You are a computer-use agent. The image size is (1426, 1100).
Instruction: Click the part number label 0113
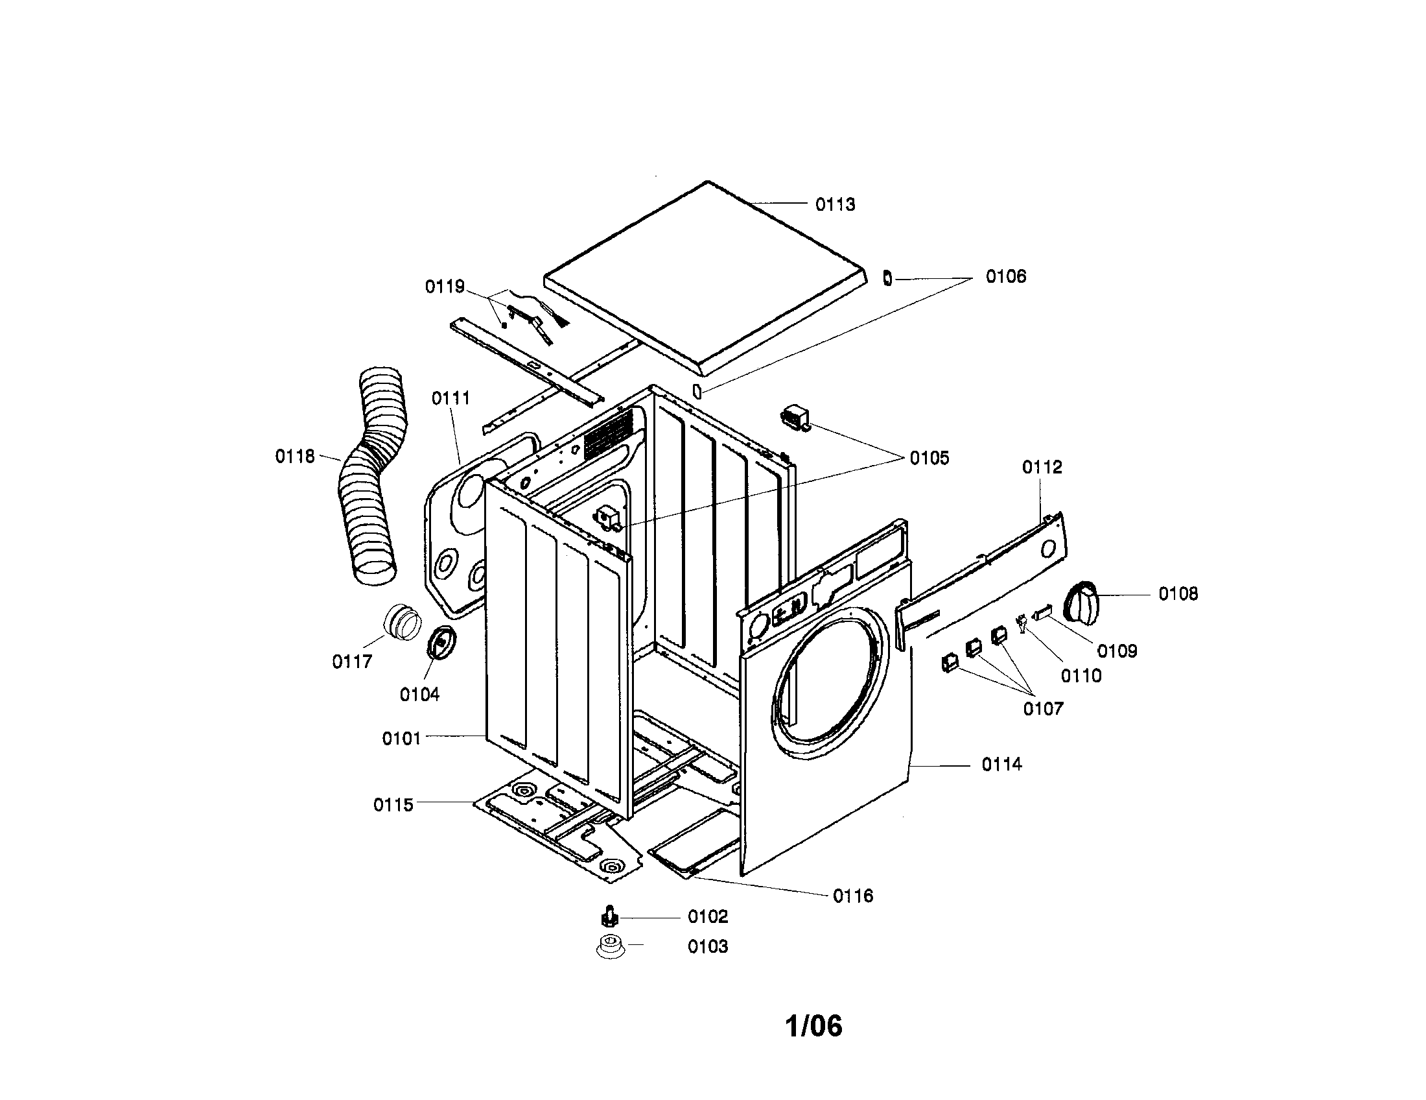click(x=834, y=205)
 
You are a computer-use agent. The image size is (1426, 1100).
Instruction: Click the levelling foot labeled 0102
click(x=609, y=917)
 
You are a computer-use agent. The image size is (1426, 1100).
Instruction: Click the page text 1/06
click(x=813, y=1026)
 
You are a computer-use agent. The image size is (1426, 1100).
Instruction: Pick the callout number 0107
click(x=1043, y=709)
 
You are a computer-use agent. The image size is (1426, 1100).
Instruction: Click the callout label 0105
click(x=929, y=459)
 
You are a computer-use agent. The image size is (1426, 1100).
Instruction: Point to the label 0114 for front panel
click(x=1001, y=765)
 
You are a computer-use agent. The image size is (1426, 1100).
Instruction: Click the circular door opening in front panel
click(x=829, y=682)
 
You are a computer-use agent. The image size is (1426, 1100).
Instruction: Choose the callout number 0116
click(x=853, y=896)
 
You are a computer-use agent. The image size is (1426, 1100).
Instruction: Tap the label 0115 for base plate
click(x=393, y=806)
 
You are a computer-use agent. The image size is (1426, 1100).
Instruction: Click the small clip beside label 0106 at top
click(x=887, y=278)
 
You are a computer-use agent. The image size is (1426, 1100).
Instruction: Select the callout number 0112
click(x=1042, y=468)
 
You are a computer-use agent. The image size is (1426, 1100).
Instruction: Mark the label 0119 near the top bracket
click(x=445, y=287)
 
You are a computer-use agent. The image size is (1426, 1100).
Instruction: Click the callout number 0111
click(x=450, y=398)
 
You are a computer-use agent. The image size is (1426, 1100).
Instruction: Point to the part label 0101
click(x=401, y=739)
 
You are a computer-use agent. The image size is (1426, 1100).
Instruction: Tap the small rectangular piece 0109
click(x=1043, y=612)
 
